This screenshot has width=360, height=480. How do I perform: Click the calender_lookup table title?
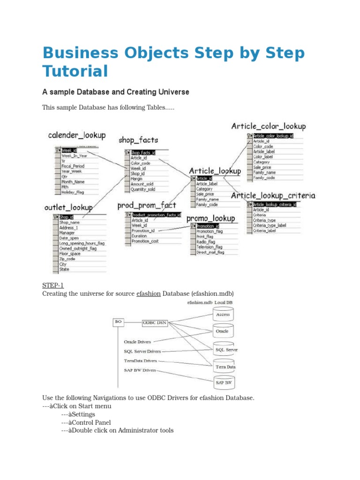pos(76,135)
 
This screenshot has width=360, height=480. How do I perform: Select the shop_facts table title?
pos(138,139)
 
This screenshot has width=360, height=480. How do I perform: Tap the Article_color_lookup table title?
pos(269,126)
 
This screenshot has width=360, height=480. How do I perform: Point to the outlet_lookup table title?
pos(68,207)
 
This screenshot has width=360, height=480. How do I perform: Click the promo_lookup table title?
pos(210,218)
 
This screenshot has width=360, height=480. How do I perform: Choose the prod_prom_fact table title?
pos(147,205)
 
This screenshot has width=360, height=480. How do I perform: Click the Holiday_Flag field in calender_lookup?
pos(73,191)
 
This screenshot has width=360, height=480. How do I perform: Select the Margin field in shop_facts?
pos(137,179)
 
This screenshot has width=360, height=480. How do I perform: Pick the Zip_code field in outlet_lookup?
pos(67,259)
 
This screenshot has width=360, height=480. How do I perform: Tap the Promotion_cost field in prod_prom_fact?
pos(145,241)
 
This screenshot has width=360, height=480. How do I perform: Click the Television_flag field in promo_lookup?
pos(210,247)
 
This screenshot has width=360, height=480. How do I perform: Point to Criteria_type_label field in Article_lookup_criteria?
pos(270,225)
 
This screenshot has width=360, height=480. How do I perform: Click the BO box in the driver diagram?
pos(118,322)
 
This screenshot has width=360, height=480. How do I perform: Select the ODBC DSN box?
pos(155,322)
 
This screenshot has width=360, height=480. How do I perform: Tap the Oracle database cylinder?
pos(222,331)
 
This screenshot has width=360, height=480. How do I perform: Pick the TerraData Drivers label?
pos(141,361)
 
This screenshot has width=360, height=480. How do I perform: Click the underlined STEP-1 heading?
pos(52,285)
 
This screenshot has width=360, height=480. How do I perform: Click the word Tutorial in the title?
pos(75,71)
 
